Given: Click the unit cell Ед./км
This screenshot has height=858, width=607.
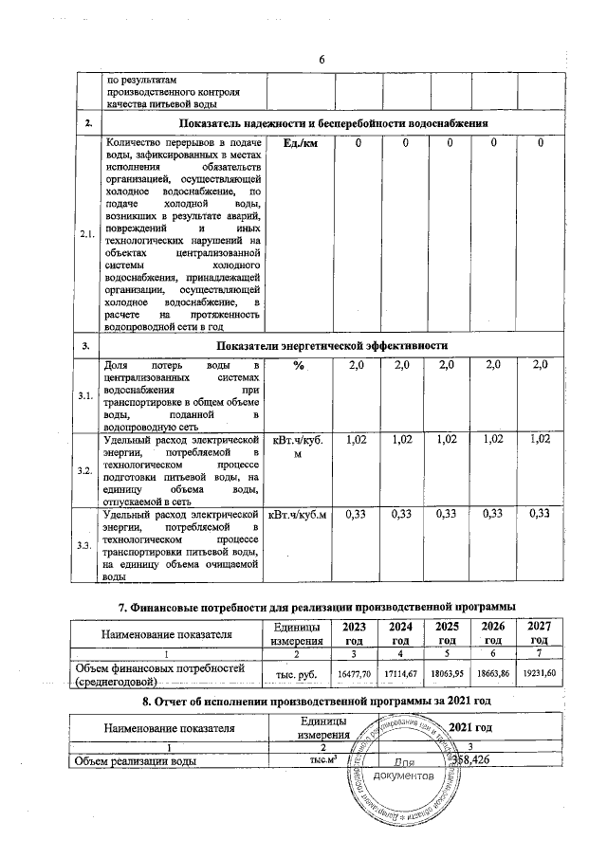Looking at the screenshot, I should click(x=299, y=143).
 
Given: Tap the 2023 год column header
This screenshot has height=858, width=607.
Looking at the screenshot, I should click(x=353, y=633).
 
